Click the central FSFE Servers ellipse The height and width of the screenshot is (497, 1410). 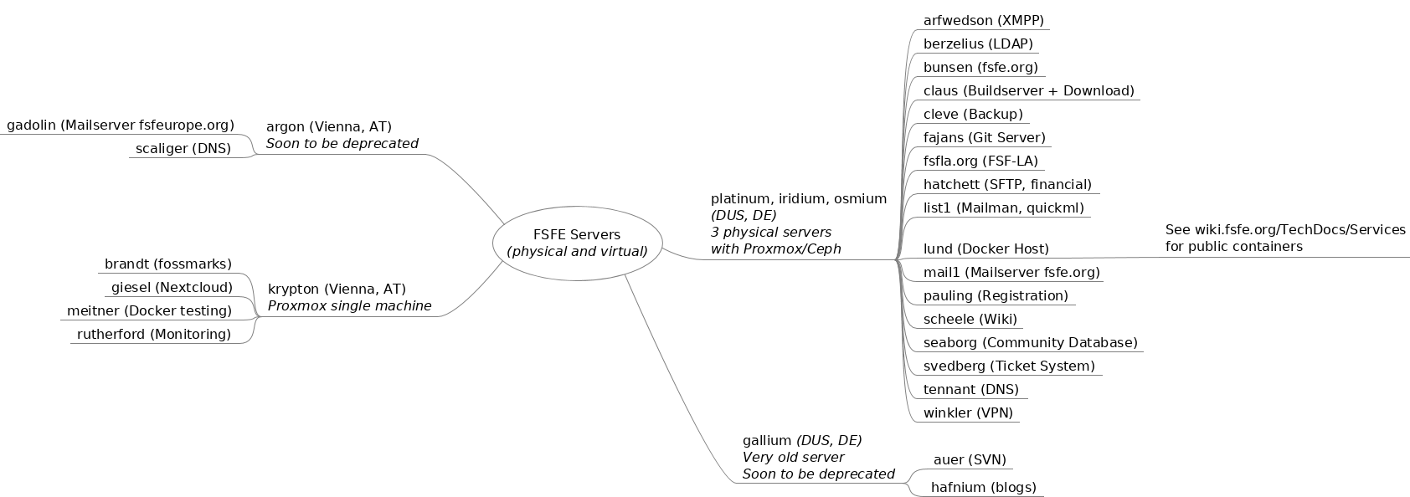577,243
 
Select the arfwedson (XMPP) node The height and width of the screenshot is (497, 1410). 983,21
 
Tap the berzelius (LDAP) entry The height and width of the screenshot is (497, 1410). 977,44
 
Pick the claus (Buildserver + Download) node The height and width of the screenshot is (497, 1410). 1028,91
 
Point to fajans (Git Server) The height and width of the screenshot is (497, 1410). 984,138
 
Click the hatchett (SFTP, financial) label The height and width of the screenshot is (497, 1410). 1006,185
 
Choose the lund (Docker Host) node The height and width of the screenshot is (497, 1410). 985,248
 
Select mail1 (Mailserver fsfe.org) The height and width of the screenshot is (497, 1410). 1011,272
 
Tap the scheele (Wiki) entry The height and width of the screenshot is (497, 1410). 970,319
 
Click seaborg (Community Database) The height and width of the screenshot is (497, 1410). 1030,342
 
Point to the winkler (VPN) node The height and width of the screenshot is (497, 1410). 967,412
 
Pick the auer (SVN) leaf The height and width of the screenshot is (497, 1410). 969,459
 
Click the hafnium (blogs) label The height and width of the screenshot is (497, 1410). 983,487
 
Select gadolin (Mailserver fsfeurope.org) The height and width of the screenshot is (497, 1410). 121,126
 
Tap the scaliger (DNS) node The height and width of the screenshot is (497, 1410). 183,149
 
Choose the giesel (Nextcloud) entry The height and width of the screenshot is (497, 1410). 172,288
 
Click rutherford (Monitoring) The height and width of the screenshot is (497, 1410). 153,335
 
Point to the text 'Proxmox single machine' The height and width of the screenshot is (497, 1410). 349,306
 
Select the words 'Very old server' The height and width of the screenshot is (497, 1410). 793,457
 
